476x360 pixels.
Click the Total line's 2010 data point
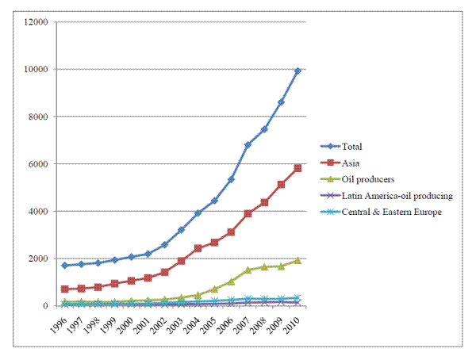[297, 71]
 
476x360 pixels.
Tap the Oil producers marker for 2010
[297, 260]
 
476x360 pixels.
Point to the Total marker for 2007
[248, 145]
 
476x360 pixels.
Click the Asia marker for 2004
[198, 248]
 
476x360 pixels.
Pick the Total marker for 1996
[64, 266]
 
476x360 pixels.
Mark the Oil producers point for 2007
[248, 270]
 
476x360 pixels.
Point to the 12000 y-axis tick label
[39, 22]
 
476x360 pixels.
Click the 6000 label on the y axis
[41, 164]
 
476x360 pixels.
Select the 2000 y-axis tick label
[41, 259]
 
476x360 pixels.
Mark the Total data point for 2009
[281, 102]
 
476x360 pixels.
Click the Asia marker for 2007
[248, 213]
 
